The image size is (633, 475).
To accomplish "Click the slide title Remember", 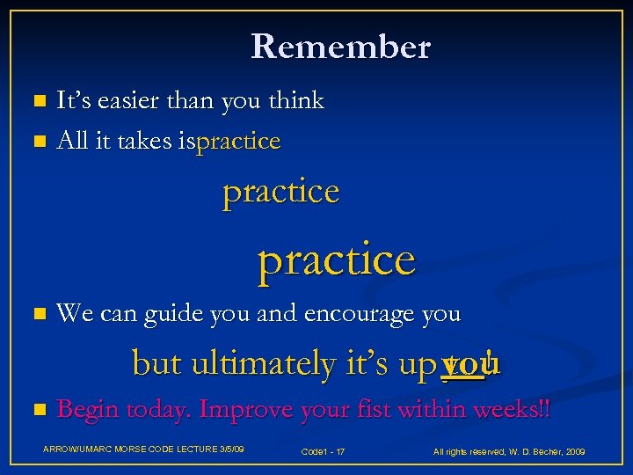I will point(340,47).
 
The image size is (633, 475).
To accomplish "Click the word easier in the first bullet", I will point(124,101).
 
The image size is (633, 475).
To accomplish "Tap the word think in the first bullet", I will point(296,101).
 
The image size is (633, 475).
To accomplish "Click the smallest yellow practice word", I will point(239,141).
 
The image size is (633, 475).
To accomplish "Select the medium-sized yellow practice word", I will point(280,191).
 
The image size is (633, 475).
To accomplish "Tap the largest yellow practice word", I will point(336,259).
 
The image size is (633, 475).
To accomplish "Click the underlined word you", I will point(465,362).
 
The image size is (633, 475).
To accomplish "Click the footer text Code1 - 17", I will point(323,451).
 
